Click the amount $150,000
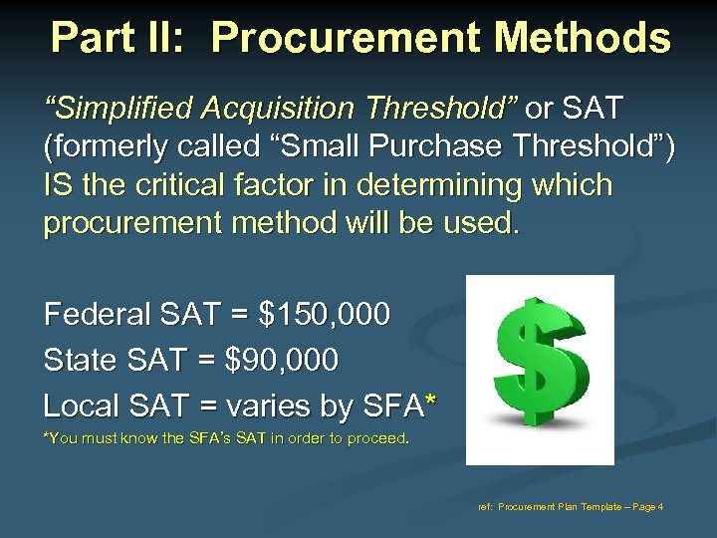(324, 315)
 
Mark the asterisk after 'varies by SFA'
(429, 402)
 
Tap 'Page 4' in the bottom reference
(646, 507)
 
